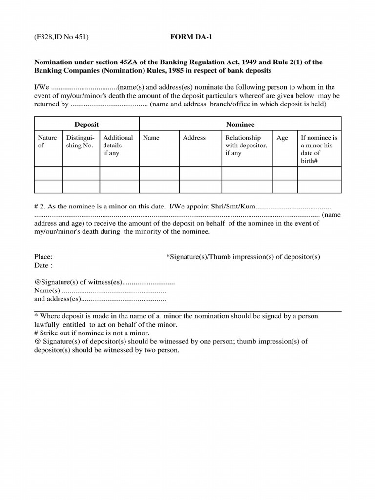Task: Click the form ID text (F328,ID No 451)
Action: tap(61, 37)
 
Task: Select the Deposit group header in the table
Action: tap(86, 125)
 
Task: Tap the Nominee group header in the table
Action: tap(240, 125)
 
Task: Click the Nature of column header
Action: tap(47, 142)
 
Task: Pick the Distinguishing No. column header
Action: tap(81, 142)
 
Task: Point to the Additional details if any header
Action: tap(118, 146)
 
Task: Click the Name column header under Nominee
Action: tap(151, 138)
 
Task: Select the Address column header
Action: tap(194, 138)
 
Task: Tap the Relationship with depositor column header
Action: tap(246, 146)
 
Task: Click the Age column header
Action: tap(282, 138)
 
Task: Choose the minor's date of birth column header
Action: tap(319, 149)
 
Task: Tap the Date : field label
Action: tap(43, 265)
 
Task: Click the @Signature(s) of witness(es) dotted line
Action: tap(148, 282)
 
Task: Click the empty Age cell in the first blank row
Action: tap(285, 173)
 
